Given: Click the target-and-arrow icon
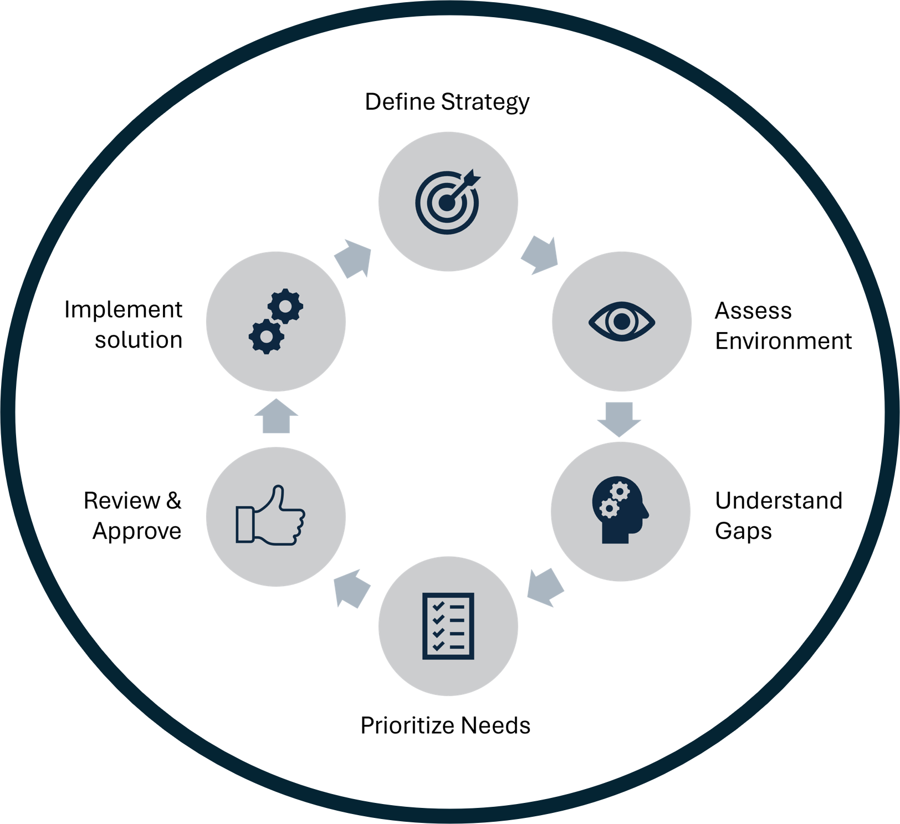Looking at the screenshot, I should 448,202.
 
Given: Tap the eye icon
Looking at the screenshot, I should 621,321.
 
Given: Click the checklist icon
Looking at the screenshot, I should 448,626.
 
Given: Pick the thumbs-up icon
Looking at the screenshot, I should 270,516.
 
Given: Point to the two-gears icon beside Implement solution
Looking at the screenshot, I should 275,321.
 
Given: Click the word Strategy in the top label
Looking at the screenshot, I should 485,102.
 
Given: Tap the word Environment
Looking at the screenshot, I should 783,341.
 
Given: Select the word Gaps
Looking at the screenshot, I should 743,531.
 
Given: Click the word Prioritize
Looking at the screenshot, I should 407,725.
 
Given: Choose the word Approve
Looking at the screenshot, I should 137,531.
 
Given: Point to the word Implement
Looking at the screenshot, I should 123,309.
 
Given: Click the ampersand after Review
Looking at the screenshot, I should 173,500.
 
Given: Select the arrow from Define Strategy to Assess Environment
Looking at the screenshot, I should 540,255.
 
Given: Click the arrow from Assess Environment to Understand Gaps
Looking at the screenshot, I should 619,419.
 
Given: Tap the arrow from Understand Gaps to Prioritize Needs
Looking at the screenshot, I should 545,587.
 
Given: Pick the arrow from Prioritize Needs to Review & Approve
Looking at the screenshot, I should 352,588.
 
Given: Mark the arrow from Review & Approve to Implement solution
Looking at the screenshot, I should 276,416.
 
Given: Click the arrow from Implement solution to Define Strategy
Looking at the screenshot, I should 353,258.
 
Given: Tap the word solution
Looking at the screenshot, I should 139,340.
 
